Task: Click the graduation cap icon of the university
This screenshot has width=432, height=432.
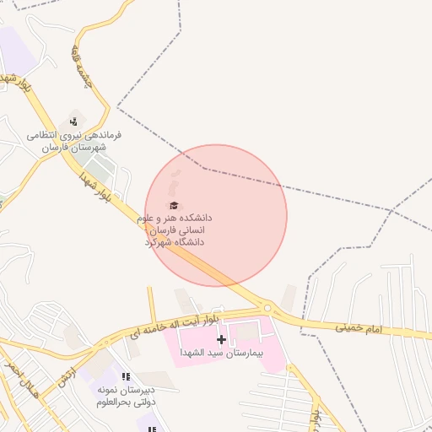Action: (174, 205)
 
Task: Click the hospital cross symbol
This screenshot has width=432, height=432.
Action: (222, 340)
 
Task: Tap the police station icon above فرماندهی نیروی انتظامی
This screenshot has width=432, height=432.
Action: (75, 121)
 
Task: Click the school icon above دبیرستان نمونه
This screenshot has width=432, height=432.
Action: (126, 377)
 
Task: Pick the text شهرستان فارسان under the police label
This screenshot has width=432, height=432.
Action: (74, 147)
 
